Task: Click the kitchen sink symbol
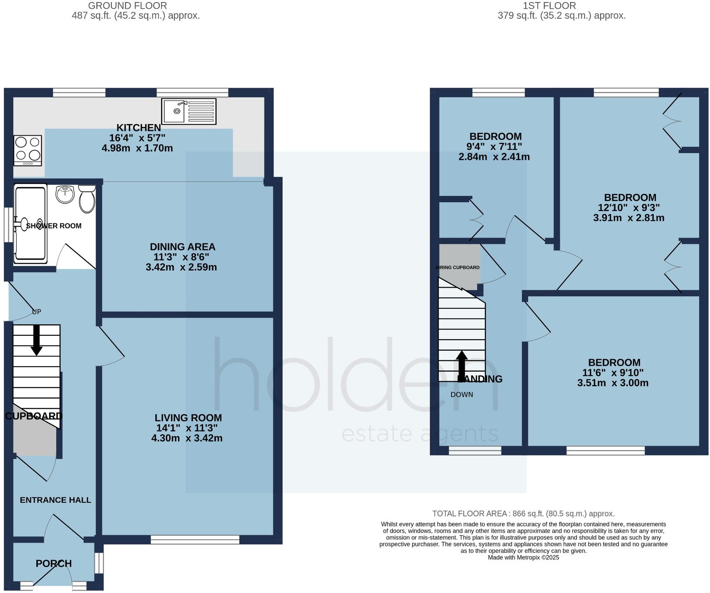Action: pyautogui.click(x=189, y=111)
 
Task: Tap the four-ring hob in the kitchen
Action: pyautogui.click(x=28, y=150)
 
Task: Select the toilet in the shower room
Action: pyautogui.click(x=87, y=200)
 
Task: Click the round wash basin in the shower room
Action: pyautogui.click(x=65, y=194)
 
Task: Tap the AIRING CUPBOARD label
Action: pyautogui.click(x=458, y=268)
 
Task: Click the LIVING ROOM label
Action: pyautogui.click(x=188, y=418)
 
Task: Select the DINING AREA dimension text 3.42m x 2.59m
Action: pyautogui.click(x=181, y=267)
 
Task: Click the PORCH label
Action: pyautogui.click(x=54, y=563)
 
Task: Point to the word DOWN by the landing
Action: pyautogui.click(x=462, y=395)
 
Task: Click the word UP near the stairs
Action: pyautogui.click(x=37, y=312)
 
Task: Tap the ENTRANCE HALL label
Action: pyautogui.click(x=55, y=500)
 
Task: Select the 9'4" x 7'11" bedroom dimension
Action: pyautogui.click(x=495, y=147)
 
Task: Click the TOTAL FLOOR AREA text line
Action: pyautogui.click(x=523, y=514)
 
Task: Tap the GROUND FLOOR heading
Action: pyautogui.click(x=127, y=6)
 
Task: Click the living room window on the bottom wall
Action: pyautogui.click(x=195, y=540)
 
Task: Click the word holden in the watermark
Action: pyautogui.click(x=356, y=375)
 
